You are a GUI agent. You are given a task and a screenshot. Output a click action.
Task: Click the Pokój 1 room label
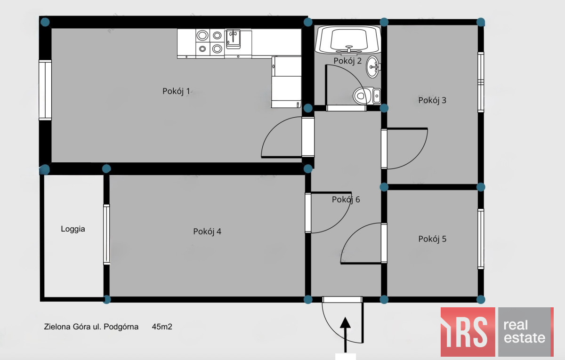point(176,91)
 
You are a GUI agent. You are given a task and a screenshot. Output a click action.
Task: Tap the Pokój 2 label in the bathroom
point(347,61)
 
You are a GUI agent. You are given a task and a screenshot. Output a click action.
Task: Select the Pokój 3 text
point(432,100)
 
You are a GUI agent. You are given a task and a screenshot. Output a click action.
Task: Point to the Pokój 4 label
point(207,232)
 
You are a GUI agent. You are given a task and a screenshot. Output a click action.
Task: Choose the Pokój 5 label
point(432,239)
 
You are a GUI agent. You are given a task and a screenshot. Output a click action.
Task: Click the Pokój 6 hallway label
point(346,200)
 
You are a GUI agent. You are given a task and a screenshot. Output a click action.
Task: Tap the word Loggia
point(73,229)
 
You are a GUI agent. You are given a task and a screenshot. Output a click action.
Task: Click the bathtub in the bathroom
point(348,40)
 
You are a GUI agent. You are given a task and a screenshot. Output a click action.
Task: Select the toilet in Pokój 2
point(367,96)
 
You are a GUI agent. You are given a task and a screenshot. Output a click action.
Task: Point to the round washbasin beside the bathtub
point(373,67)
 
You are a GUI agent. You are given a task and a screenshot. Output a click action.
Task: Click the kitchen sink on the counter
point(233,39)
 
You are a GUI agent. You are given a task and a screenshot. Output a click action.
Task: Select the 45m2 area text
point(162,327)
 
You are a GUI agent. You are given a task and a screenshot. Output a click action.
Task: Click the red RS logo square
point(468,332)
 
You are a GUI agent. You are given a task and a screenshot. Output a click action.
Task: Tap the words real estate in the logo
point(524,332)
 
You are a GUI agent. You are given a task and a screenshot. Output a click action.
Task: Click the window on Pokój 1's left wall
point(45,90)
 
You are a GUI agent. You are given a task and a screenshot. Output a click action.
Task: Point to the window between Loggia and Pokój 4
point(106,234)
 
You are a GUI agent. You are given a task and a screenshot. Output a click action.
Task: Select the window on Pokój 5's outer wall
point(481,239)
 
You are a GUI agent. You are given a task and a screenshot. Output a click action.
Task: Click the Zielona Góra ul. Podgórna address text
point(91,327)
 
